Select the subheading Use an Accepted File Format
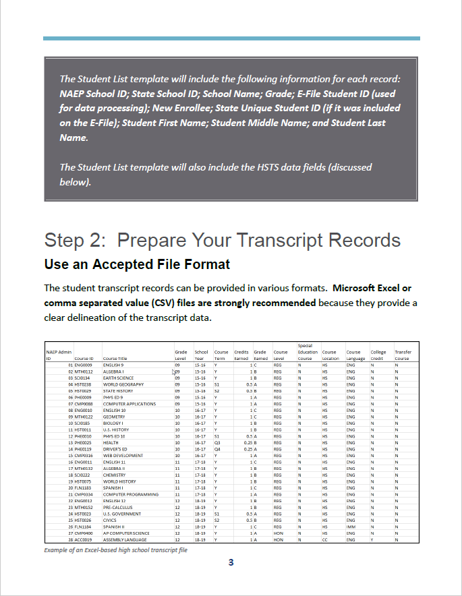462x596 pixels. click(x=137, y=263)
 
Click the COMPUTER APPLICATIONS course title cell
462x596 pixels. click(x=129, y=404)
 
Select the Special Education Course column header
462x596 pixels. click(x=308, y=352)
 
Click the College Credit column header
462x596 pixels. click(x=378, y=355)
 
